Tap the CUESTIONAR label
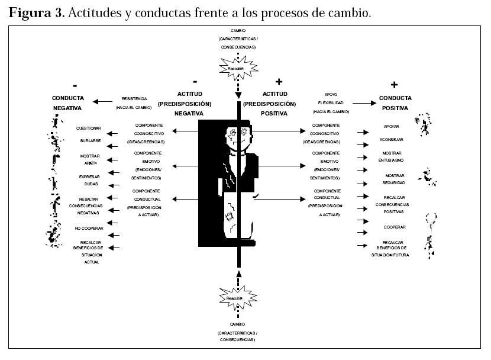pyautogui.click(x=89, y=128)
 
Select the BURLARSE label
pyautogui.click(x=89, y=141)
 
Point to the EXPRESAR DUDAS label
pyautogui.click(x=89, y=181)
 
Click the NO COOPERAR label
pyautogui.click(x=89, y=228)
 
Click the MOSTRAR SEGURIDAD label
pyautogui.click(x=395, y=179)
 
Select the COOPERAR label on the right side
pyautogui.click(x=393, y=227)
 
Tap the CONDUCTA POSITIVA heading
pyautogui.click(x=396, y=103)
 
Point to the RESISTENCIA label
pyautogui.click(x=135, y=99)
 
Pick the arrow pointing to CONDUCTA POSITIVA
pyautogui.click(x=364, y=103)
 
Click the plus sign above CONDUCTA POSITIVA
pyautogui.click(x=395, y=84)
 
